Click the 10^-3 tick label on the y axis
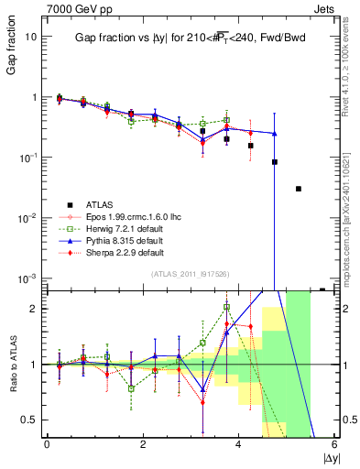tap(28, 278)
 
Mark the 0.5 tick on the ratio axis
tap(30, 420)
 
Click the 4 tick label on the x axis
tap(238, 445)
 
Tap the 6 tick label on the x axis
tap(334, 445)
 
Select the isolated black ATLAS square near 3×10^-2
tap(299, 189)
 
